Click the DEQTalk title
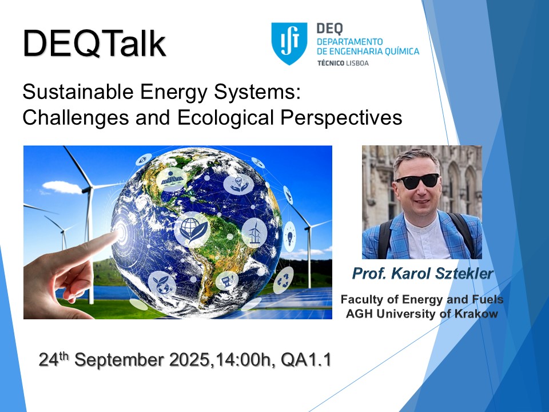[x=94, y=43]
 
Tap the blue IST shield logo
[x=289, y=43]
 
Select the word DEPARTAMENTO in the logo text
[x=350, y=42]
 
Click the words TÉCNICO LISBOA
[x=343, y=63]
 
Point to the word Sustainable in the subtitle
[x=78, y=92]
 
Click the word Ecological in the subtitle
[x=225, y=118]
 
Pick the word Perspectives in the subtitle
[x=341, y=118]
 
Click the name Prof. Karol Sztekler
[x=423, y=274]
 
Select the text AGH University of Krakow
[x=421, y=313]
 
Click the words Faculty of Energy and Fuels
[x=422, y=299]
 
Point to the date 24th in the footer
[x=54, y=359]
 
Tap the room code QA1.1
[x=305, y=360]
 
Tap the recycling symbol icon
[x=283, y=280]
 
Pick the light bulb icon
[x=290, y=236]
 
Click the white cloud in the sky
[x=62, y=187]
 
